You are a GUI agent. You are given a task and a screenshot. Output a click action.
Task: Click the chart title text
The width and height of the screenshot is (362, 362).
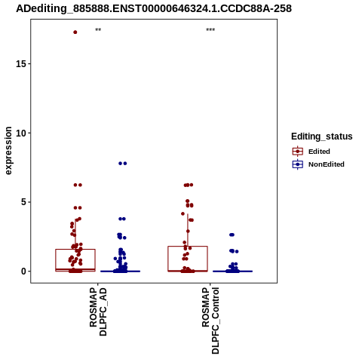coord(154,8)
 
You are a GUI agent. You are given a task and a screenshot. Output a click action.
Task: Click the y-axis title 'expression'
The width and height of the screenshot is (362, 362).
coord(8,151)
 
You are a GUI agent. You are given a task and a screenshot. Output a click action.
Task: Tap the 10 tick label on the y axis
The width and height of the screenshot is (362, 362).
coord(21,133)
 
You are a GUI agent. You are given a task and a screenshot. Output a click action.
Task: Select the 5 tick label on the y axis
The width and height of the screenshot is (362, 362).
coord(23,202)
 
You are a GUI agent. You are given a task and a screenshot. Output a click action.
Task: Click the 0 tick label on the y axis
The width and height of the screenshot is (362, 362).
coord(23,271)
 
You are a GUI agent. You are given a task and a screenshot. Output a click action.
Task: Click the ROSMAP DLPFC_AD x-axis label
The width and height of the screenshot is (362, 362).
coord(98,311)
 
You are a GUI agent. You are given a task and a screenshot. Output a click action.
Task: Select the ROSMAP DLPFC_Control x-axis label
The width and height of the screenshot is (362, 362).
coord(210,321)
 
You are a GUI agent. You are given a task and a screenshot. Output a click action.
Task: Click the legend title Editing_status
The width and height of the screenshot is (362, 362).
coord(322,137)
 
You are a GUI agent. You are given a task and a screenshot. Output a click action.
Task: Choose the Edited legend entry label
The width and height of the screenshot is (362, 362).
coord(319,152)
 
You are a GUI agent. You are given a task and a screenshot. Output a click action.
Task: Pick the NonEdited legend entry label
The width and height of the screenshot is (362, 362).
coord(327,164)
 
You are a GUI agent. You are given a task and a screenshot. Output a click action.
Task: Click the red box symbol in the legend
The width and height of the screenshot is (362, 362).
coord(298,152)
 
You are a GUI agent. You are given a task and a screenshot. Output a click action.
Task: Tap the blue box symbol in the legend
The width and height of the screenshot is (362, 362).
coord(298,164)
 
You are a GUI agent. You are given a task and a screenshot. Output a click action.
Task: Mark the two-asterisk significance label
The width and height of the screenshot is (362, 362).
coord(98,30)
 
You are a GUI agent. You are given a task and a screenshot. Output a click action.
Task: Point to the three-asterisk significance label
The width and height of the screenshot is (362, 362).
coord(210,30)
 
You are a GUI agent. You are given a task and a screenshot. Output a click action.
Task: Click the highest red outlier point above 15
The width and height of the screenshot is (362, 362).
coord(75,32)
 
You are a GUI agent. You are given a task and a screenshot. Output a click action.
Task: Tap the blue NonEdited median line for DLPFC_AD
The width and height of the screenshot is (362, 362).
coord(120,271)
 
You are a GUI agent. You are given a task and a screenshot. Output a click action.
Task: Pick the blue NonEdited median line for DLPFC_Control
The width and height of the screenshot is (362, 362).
coord(232,271)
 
